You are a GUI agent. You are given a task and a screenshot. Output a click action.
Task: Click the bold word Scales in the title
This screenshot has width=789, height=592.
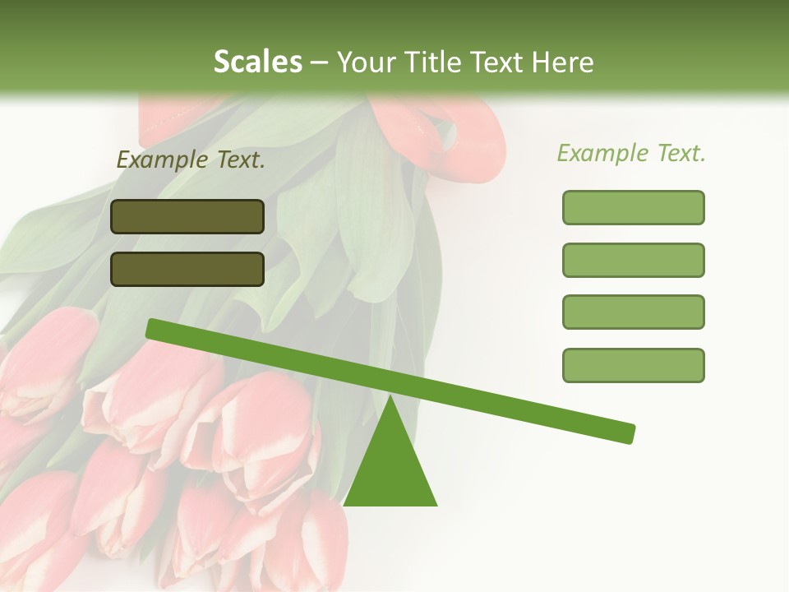click(x=257, y=62)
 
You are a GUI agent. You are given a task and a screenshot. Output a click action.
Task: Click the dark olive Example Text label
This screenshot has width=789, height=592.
click(x=191, y=160)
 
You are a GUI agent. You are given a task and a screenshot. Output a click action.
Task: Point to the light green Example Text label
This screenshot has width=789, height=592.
click(x=631, y=154)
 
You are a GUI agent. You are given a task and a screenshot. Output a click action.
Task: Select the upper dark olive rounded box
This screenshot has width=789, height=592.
click(x=187, y=216)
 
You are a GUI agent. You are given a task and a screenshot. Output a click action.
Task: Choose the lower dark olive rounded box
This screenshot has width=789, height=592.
click(x=187, y=269)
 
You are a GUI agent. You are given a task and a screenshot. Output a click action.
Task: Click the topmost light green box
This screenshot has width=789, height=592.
click(x=633, y=207)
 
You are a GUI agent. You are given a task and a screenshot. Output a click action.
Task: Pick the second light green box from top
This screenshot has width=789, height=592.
click(x=633, y=260)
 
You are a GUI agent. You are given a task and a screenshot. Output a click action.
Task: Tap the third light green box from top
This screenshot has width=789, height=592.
click(x=633, y=312)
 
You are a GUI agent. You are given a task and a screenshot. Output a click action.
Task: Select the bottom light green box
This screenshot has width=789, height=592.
click(x=633, y=365)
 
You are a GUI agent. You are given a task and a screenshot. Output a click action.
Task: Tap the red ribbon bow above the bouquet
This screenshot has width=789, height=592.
click(x=460, y=132)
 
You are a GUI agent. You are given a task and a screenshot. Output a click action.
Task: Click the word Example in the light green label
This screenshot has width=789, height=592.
click(x=602, y=154)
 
